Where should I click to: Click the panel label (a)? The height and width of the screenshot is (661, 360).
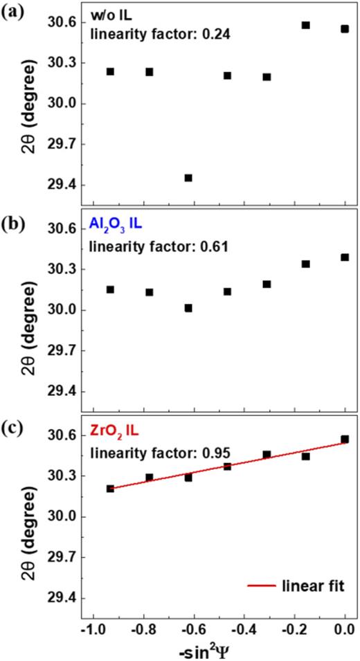coord(13,12)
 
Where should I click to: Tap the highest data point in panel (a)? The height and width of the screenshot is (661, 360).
coord(305,25)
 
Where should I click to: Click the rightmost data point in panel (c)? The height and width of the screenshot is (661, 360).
coord(345,439)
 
